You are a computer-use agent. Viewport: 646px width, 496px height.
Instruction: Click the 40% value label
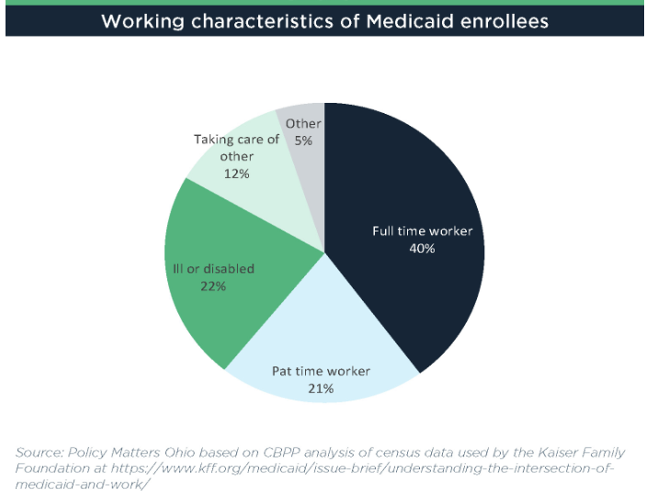coord(422,248)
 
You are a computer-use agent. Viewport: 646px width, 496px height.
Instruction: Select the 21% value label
coord(321,389)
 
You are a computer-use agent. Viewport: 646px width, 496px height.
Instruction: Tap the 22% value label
coord(212,286)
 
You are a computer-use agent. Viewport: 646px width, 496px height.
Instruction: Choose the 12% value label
coord(236,173)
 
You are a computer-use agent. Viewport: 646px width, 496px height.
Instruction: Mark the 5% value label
coord(304,141)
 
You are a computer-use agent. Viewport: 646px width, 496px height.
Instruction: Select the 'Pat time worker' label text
coord(321,371)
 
